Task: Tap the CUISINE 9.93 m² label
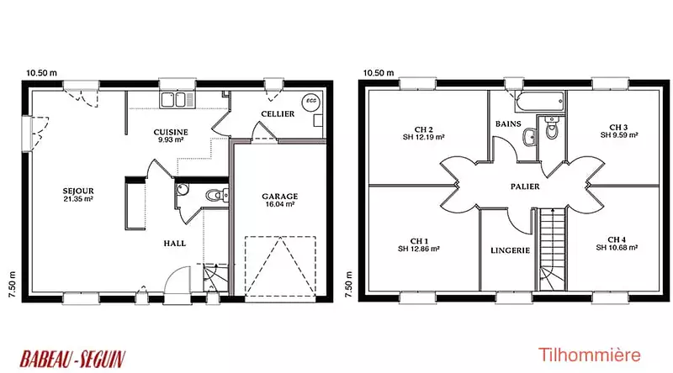[x=171, y=135]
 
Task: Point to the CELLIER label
[x=278, y=114]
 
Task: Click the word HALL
[x=175, y=244]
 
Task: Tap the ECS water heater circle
[x=310, y=101]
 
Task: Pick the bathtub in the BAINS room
[x=539, y=102]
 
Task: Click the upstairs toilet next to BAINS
[x=551, y=128]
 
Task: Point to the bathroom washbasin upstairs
[x=531, y=137]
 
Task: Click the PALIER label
[x=525, y=186]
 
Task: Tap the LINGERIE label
[x=510, y=250]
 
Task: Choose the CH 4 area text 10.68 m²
[x=617, y=247]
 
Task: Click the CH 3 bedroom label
[x=618, y=128]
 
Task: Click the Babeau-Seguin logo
[x=72, y=360]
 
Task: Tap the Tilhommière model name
[x=589, y=355]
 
